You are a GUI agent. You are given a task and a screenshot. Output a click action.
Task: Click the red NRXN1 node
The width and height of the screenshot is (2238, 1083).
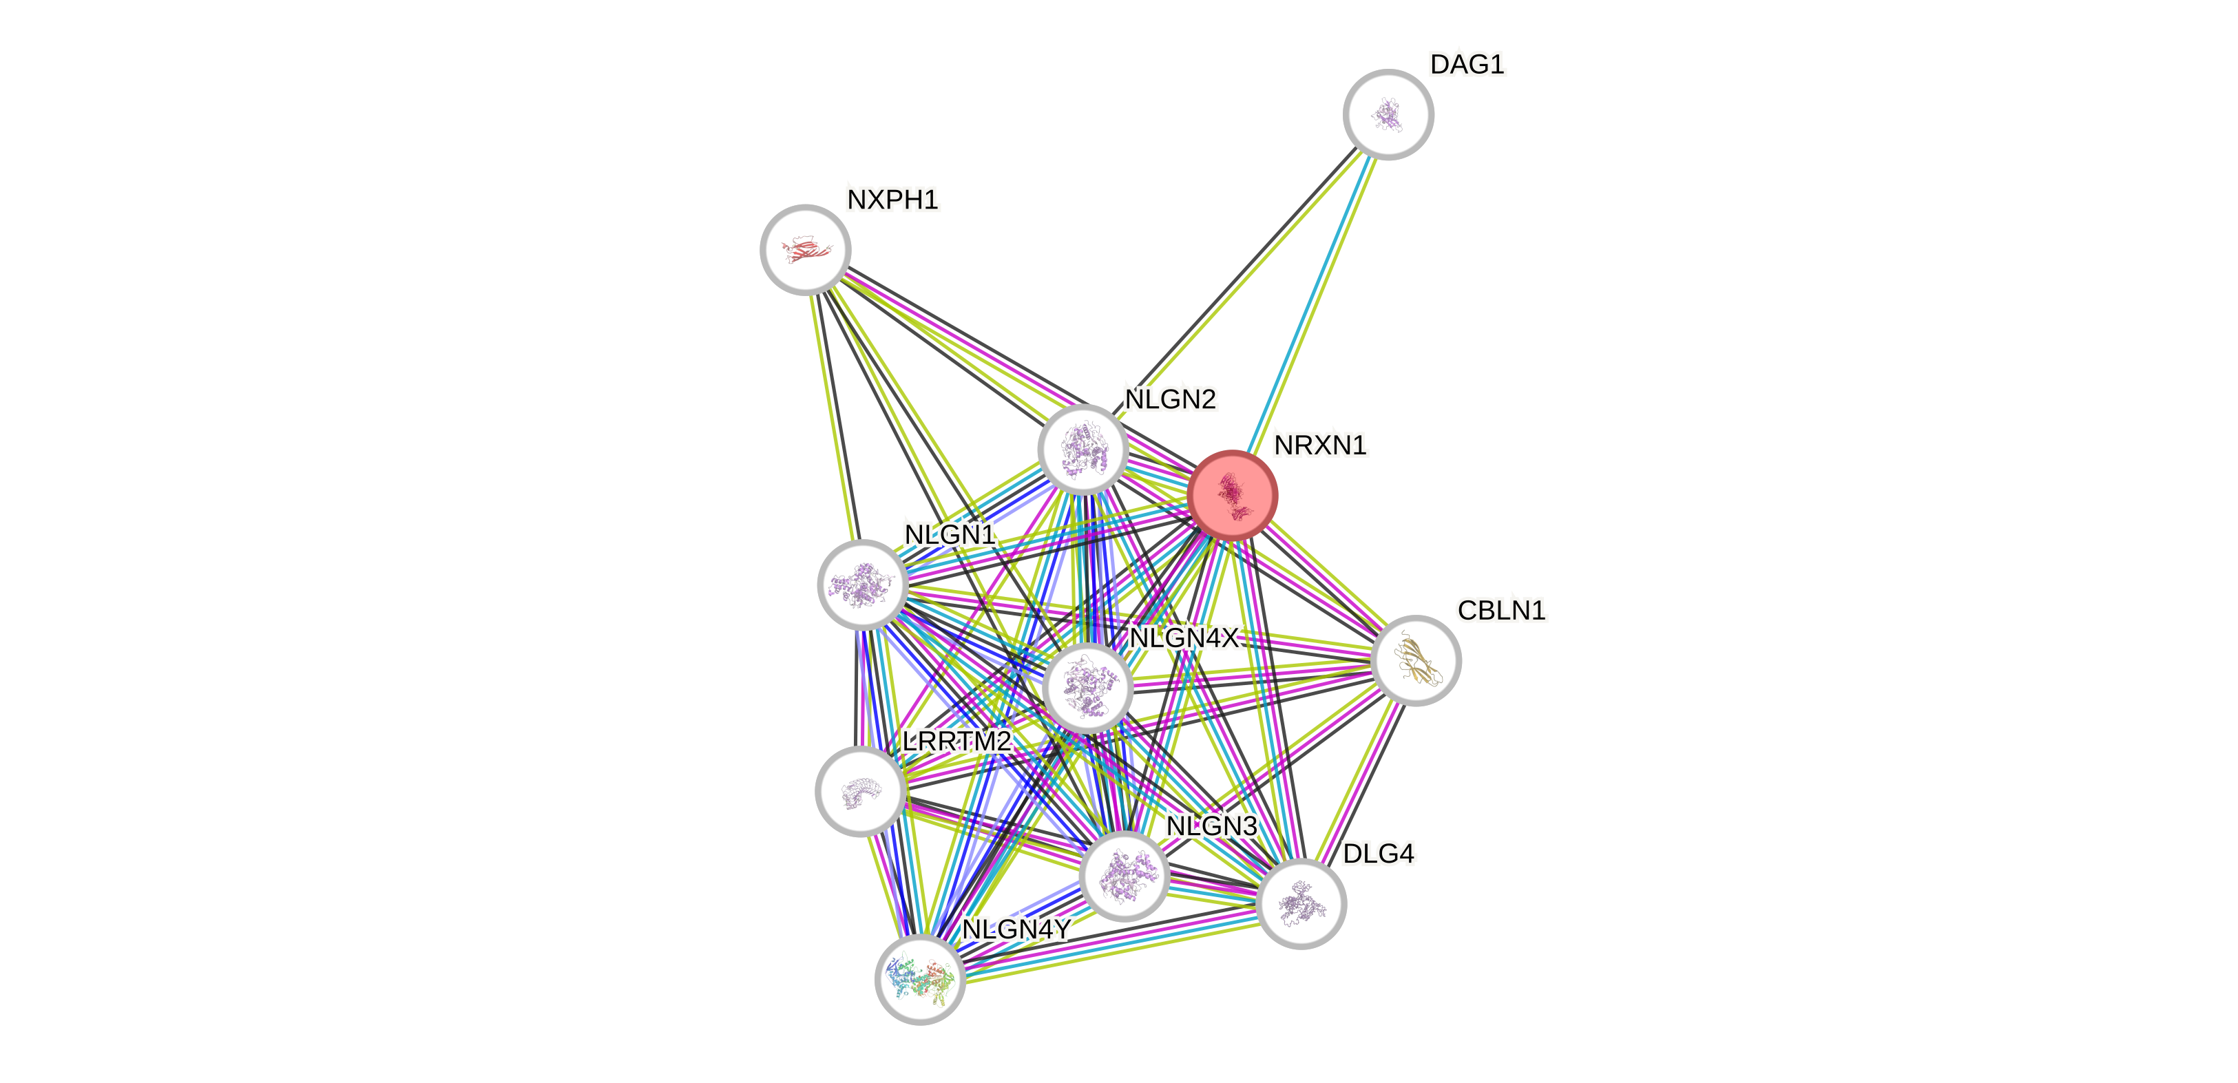(1232, 495)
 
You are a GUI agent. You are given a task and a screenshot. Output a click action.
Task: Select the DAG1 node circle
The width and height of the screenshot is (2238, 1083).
(1388, 115)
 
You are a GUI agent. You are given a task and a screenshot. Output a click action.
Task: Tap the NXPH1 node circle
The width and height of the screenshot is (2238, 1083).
(806, 250)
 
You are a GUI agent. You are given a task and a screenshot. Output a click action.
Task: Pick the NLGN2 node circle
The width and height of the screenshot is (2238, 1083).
(1083, 449)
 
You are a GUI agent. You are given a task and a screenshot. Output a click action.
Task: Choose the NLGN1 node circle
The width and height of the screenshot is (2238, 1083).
(863, 585)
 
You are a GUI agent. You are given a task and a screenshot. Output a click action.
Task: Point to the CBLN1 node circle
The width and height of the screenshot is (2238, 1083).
(1416, 660)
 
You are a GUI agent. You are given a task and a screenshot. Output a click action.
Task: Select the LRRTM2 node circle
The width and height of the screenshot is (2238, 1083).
(860, 791)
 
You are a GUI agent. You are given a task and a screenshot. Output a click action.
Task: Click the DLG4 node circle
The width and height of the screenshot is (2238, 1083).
(1301, 903)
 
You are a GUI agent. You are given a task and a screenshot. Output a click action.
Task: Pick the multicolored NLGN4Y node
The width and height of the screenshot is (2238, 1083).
(919, 980)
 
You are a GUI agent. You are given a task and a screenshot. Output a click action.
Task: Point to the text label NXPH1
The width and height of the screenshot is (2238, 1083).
(892, 200)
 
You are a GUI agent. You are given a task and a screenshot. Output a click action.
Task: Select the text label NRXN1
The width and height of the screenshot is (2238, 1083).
(1319, 445)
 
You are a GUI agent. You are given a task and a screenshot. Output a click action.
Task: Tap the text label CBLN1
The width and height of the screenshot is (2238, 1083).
(1501, 611)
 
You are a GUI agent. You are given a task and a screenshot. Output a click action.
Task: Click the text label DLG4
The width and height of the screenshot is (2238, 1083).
(1378, 854)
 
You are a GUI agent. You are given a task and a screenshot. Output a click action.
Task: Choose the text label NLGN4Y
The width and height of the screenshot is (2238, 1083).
(1016, 930)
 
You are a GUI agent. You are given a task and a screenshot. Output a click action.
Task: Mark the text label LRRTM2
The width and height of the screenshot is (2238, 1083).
(956, 742)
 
